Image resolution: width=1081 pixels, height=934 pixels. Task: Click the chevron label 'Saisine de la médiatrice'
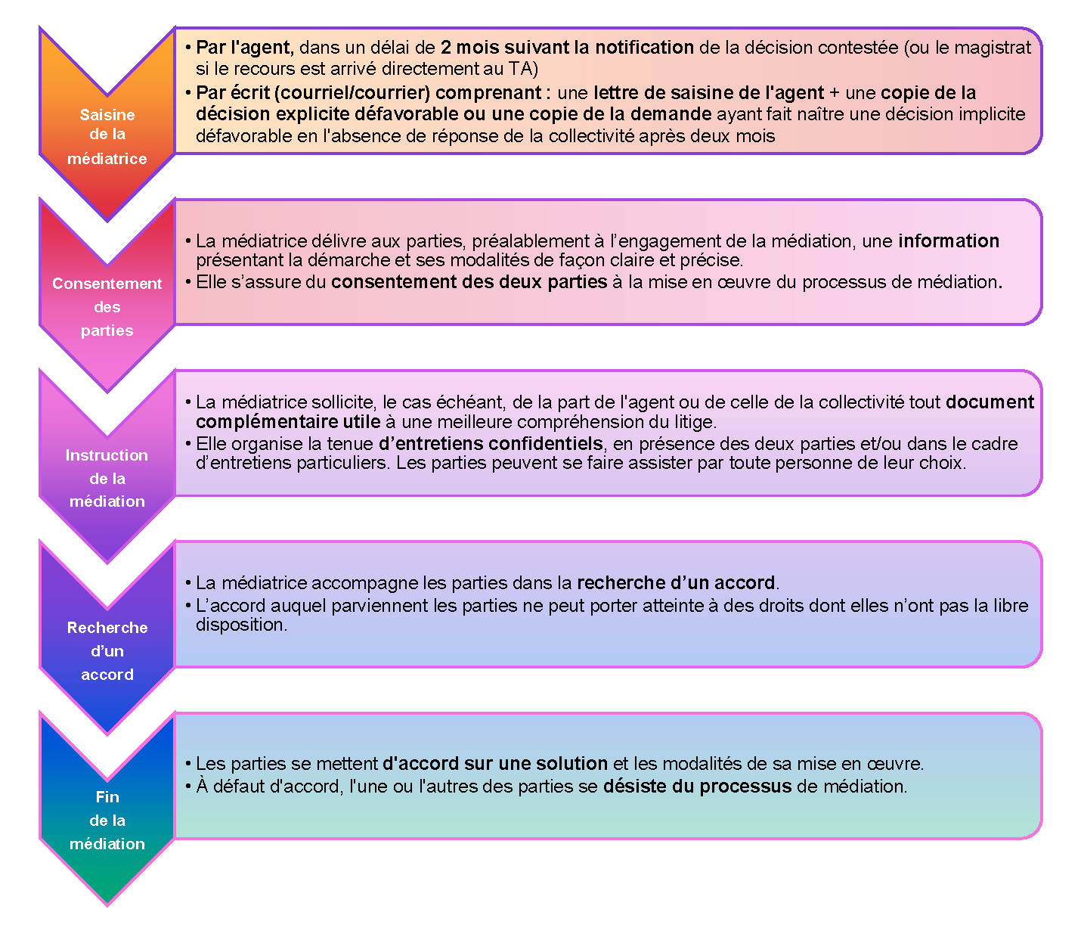pos(107,137)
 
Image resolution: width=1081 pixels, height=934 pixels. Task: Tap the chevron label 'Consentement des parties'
pos(107,307)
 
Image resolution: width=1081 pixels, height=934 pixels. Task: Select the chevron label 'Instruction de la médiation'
pos(107,478)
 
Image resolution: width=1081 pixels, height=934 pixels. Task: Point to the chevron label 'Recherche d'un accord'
pos(107,651)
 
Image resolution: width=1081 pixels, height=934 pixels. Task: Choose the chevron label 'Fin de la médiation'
pos(107,821)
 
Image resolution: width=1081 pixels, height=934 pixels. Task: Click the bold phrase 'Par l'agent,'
pos(245,48)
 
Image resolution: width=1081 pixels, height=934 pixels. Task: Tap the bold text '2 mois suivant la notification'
pos(567,48)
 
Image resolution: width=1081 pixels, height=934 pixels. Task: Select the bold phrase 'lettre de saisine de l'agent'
pos(708,93)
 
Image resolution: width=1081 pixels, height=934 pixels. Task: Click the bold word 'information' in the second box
pos(949,240)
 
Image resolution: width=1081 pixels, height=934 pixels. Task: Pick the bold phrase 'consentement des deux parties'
pos(469,282)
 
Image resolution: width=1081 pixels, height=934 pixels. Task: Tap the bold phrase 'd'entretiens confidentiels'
pos(491,444)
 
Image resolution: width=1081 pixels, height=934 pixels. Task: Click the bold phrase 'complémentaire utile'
pos(288,422)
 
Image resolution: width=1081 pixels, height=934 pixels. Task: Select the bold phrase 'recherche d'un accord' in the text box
pos(676,583)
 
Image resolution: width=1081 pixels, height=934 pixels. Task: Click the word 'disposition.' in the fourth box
pos(242,625)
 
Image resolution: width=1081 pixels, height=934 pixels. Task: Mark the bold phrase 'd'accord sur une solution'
pos(494,763)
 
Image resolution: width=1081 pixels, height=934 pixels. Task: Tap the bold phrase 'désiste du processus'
pos(697,787)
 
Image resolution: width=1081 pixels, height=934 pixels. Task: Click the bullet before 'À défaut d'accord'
pos(187,787)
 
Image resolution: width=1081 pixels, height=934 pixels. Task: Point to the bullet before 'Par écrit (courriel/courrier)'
pos(187,93)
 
